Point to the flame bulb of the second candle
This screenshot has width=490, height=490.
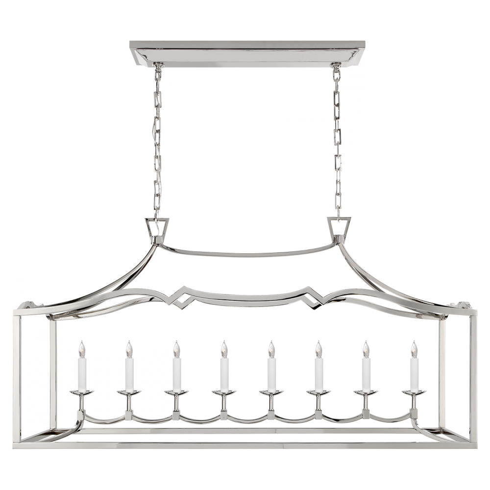[x=129, y=349]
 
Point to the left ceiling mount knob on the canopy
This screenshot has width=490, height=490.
[x=158, y=66]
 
